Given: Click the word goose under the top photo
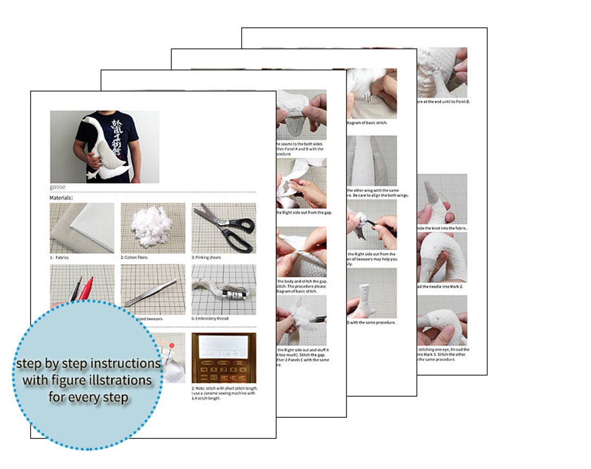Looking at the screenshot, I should [58, 187].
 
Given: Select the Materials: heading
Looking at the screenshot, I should [61, 197].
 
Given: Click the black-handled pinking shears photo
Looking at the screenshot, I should [223, 228].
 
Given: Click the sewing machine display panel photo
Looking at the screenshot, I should [223, 358].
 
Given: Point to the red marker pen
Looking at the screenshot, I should [87, 288].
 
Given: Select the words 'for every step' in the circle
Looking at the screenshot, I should [89, 397].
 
